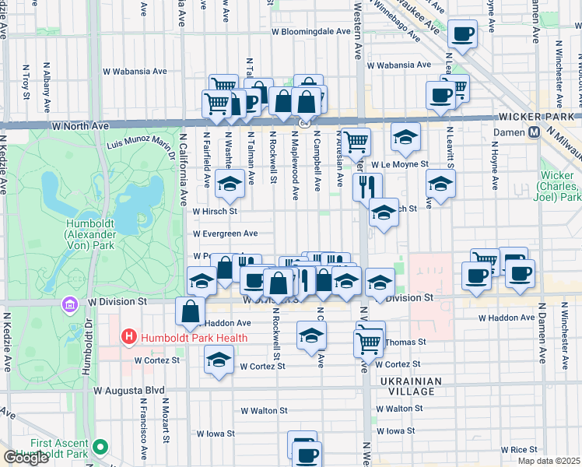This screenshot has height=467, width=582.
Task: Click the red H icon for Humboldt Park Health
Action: [129, 337]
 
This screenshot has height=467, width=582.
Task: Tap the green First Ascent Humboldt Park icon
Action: [100, 447]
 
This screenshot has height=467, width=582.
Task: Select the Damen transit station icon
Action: [535, 132]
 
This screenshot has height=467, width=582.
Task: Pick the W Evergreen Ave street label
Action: [225, 233]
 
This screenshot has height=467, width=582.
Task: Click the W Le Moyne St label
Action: [400, 165]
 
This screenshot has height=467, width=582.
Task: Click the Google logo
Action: [26, 458]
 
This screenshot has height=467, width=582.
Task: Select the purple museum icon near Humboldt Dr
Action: [70, 303]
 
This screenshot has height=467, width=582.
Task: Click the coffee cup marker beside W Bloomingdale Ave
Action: [463, 33]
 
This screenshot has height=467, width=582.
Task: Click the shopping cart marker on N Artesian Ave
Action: [356, 142]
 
